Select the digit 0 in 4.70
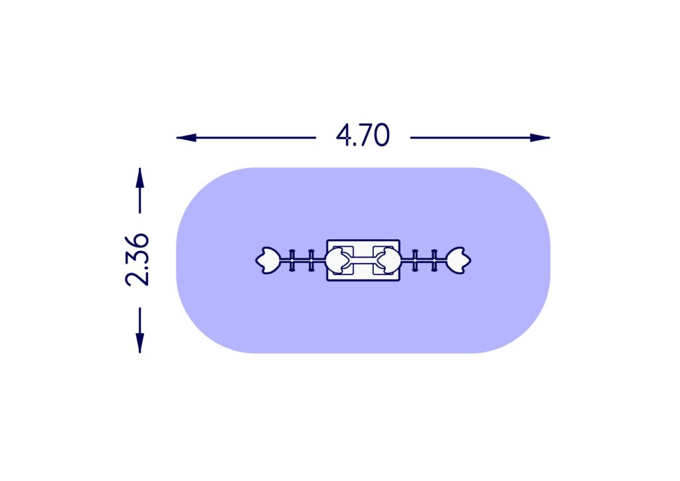coord(381,136)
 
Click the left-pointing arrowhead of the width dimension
coord(186,138)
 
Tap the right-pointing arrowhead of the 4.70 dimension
coord(540,138)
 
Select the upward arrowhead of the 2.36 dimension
coord(139,178)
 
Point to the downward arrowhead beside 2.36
coord(139,343)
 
